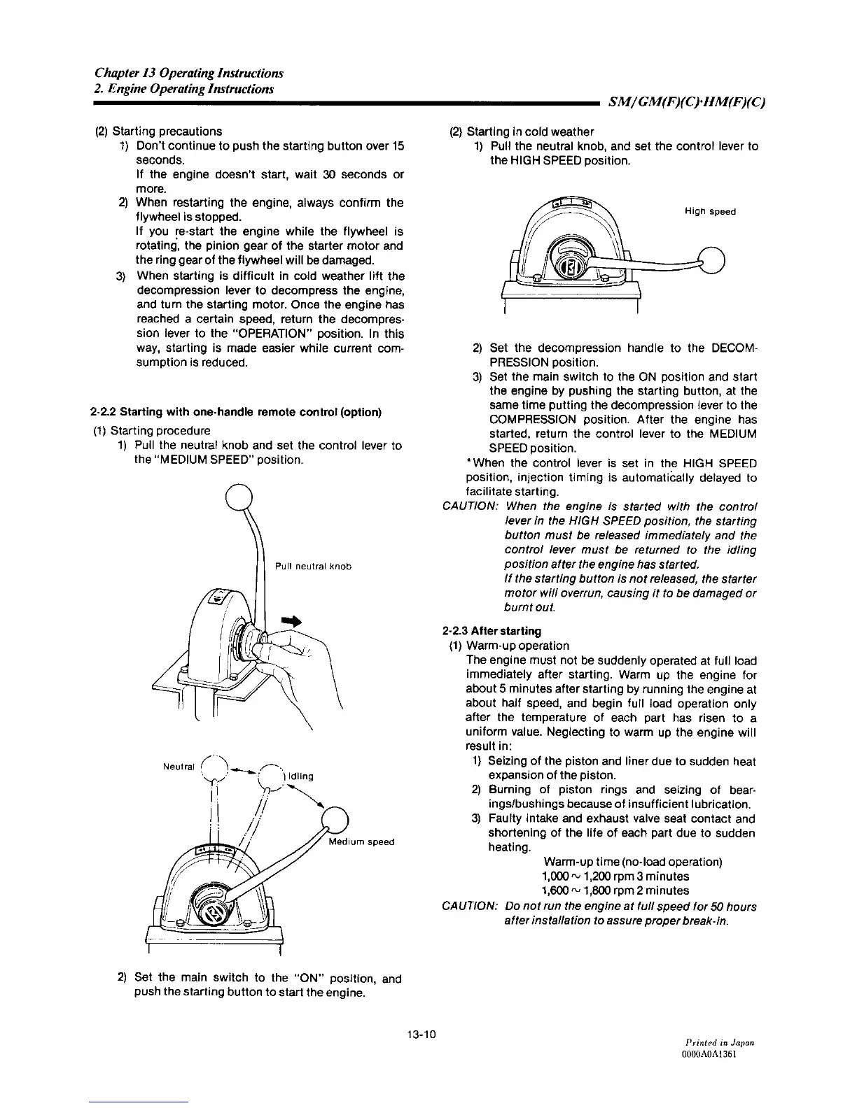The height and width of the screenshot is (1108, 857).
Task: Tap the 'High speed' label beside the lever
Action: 710,211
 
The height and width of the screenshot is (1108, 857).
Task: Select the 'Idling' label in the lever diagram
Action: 300,776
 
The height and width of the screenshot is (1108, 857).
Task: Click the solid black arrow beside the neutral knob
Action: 290,621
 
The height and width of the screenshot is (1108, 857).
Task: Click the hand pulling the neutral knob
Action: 298,665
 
